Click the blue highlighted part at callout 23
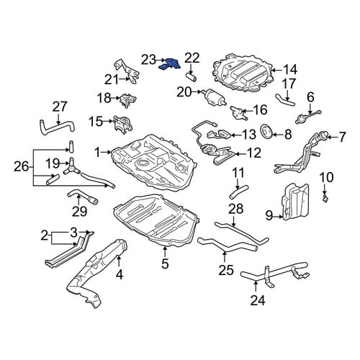tap(169, 64)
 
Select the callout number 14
tap(290, 70)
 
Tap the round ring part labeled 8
tap(266, 132)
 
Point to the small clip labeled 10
tap(325, 198)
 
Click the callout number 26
tap(22, 166)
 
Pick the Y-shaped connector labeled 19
tap(71, 167)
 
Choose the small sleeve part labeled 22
tap(192, 77)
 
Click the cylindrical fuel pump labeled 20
tap(213, 96)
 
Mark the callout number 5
tap(165, 264)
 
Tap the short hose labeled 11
tap(239, 192)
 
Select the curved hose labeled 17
tap(284, 100)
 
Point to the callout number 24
tap(258, 300)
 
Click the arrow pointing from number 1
tap(106, 152)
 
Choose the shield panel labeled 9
tap(294, 202)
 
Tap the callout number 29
tap(79, 211)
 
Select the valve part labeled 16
tap(239, 112)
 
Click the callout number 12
tap(253, 153)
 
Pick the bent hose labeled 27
tap(57, 127)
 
